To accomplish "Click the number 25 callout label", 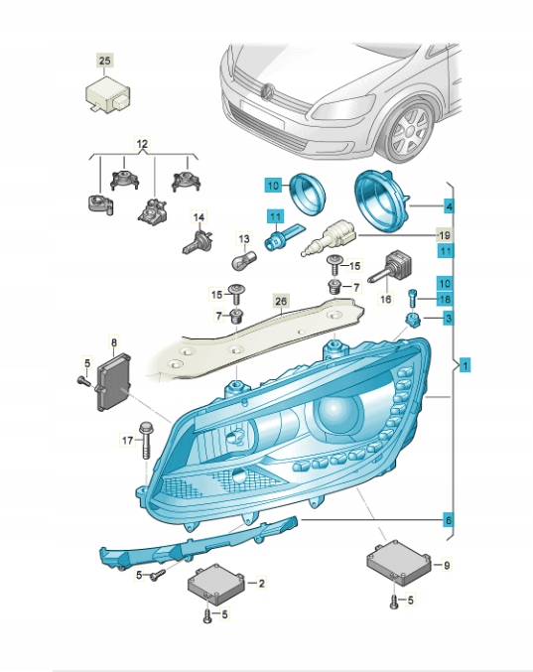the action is point(104,62).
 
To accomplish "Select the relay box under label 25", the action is point(108,94).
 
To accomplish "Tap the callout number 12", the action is point(142,144).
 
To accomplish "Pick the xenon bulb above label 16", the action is point(392,267).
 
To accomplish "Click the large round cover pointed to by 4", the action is point(382,201).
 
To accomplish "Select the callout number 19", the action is point(445,235).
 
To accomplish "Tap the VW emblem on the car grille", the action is point(268,91).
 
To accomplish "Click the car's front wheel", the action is point(410,130).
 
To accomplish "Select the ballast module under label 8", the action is point(113,381).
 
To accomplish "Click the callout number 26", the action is point(281,302).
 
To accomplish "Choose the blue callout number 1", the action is point(465,365).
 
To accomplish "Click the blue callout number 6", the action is point(448,520).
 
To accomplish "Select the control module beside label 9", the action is point(399,563).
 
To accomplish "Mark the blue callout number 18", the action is point(445,299).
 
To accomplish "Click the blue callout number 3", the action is point(448,319).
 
